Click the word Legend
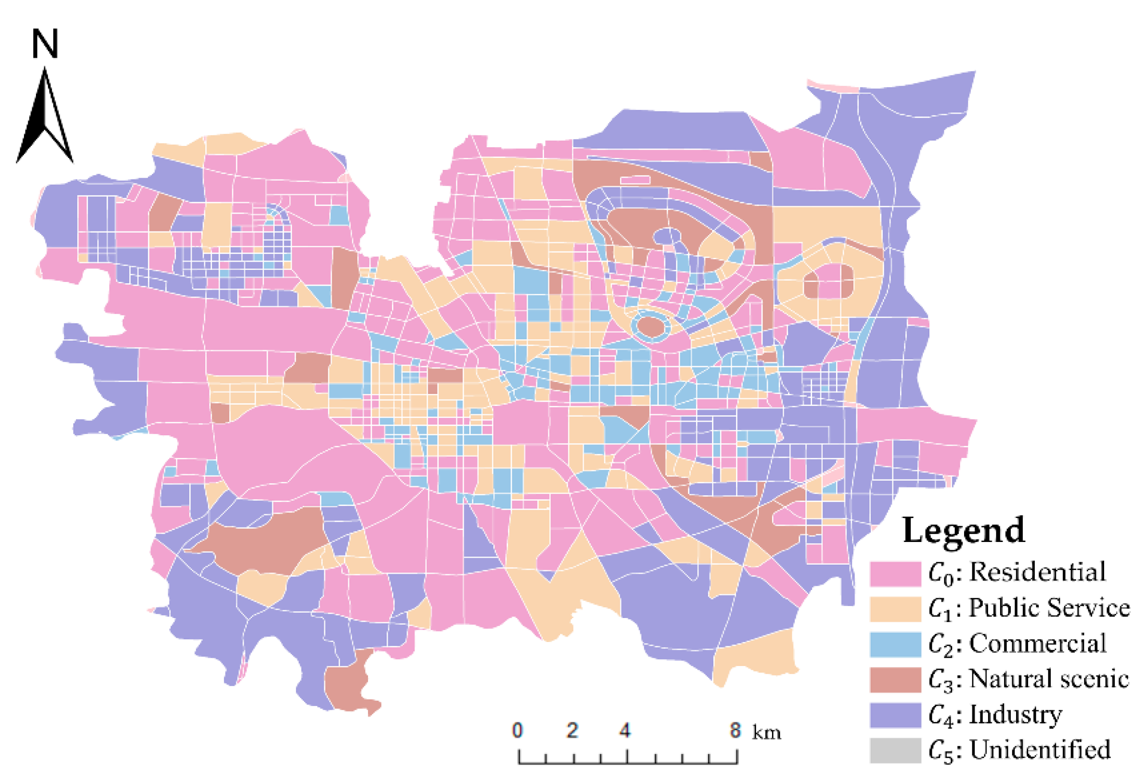(963, 531)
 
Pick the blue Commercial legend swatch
(895, 644)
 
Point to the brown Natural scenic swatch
(895, 680)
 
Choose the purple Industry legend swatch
(895, 715)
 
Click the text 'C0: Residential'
(1017, 572)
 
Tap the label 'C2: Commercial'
(1017, 643)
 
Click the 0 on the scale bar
(518, 730)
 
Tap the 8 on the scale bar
(735, 730)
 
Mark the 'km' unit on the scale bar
(766, 733)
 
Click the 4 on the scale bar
(625, 730)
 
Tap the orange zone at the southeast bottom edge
(754, 656)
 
